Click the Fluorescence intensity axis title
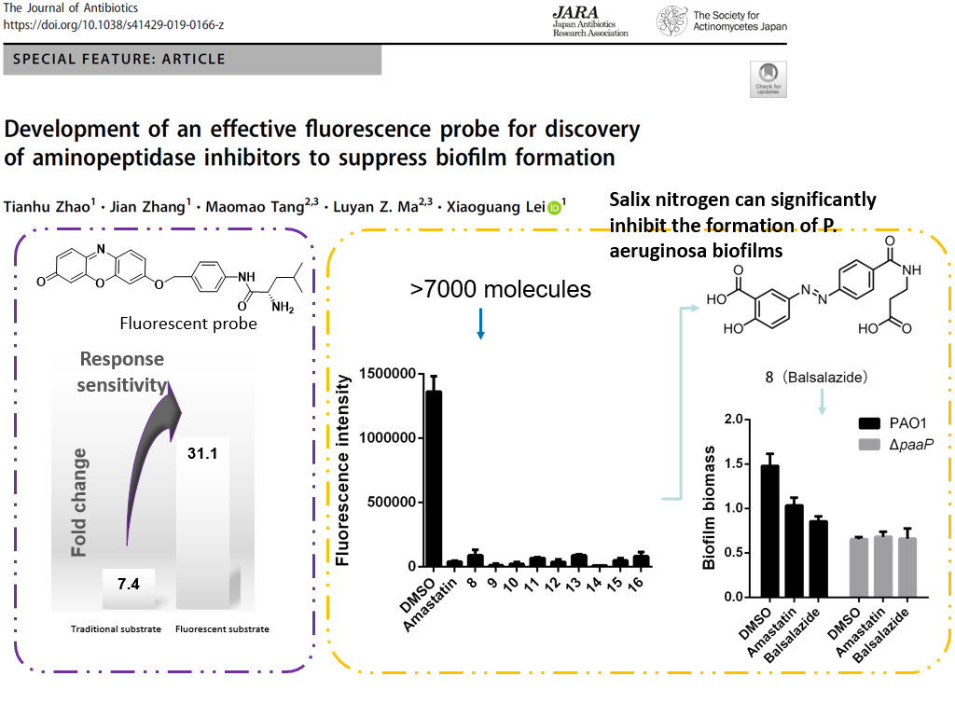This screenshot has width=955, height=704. click(343, 469)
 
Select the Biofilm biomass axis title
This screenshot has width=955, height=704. click(711, 513)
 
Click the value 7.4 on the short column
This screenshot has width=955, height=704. click(128, 585)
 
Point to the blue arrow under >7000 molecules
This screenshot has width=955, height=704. click(480, 321)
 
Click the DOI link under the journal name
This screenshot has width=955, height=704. click(113, 24)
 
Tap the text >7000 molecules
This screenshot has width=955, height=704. click(500, 289)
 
